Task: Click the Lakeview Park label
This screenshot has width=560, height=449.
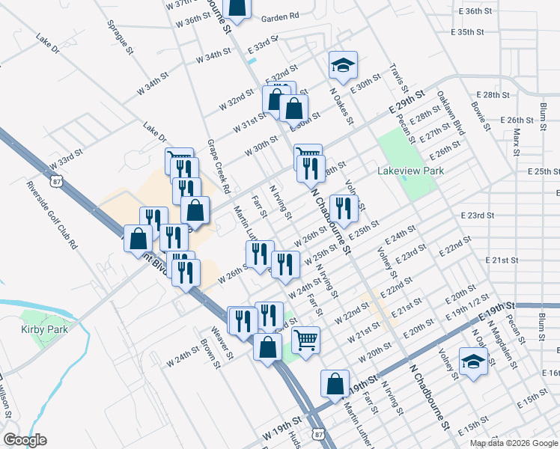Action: [411, 171]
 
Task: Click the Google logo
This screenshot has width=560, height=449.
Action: [25, 440]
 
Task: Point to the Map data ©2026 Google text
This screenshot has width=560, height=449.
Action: [514, 443]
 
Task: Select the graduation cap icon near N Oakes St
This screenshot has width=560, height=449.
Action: [343, 65]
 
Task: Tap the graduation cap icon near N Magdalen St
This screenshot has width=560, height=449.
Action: [473, 363]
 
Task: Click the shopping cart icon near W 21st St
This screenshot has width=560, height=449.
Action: [305, 340]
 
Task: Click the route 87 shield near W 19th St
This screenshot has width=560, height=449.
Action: [320, 433]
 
